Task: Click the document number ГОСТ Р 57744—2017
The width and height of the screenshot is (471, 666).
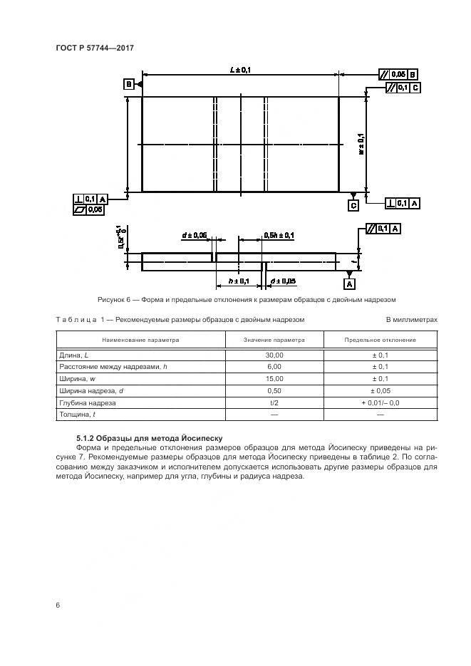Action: tap(95, 48)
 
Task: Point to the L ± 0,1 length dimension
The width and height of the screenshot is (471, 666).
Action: tap(240, 70)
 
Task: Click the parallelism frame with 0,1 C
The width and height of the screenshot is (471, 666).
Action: tap(403, 87)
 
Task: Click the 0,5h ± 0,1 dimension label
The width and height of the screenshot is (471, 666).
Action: tap(279, 234)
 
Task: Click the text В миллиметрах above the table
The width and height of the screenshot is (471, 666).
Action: tap(411, 320)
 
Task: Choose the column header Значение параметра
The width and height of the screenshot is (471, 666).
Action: tap(274, 340)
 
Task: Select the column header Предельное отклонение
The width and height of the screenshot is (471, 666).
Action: tap(380, 340)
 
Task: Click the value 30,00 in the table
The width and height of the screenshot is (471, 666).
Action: tap(274, 355)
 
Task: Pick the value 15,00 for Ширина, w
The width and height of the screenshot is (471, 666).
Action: tap(274, 378)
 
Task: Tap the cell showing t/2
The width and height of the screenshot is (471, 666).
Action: tap(274, 402)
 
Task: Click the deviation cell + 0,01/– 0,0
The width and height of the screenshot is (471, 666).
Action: tap(380, 402)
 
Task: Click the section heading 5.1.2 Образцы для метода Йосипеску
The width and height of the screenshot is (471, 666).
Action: tap(151, 438)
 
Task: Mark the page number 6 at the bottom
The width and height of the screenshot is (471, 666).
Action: tap(58, 605)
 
